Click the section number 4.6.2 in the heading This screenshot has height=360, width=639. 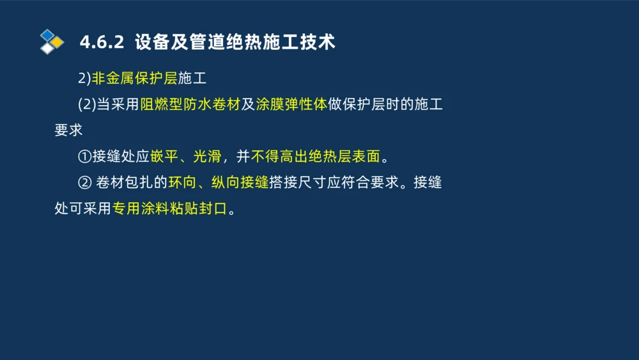101,43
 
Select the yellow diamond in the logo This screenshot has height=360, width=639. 58,42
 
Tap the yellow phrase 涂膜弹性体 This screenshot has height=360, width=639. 291,105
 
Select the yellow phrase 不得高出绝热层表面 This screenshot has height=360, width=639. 316,157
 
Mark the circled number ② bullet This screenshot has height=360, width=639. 85,183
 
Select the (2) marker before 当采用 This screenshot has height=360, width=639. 86,105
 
